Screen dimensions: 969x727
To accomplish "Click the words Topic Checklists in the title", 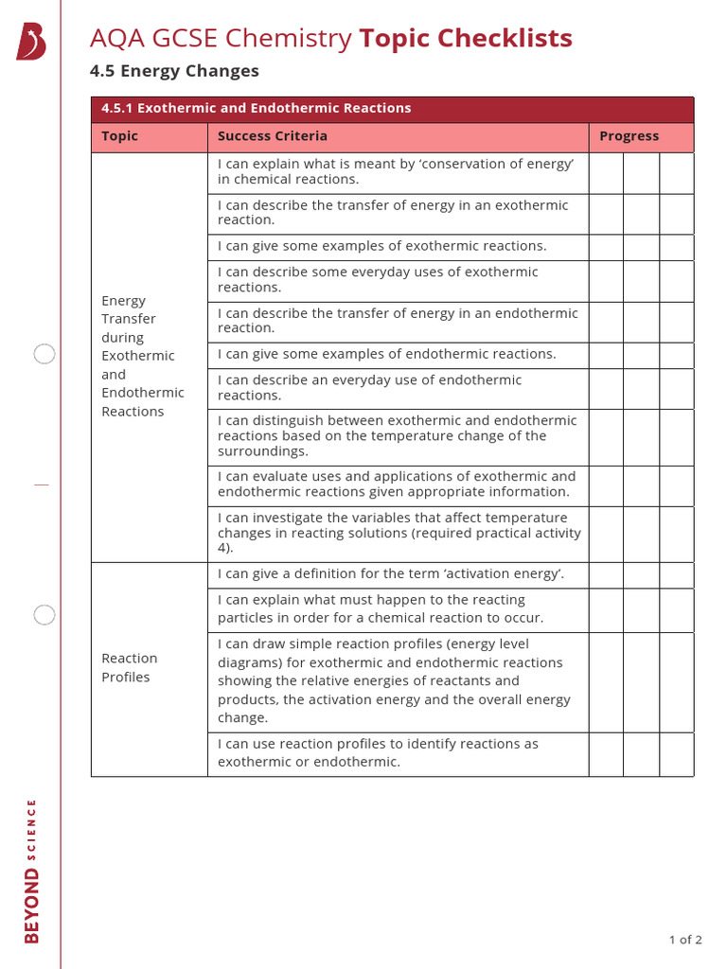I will click(x=465, y=39).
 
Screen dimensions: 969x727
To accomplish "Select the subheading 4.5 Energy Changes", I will click(x=174, y=71).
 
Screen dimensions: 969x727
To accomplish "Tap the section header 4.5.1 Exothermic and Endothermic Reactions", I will click(x=257, y=109).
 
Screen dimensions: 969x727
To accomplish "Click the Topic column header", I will click(x=120, y=136).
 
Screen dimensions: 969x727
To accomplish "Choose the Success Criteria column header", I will click(x=273, y=136).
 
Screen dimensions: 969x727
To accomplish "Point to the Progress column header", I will click(x=629, y=136).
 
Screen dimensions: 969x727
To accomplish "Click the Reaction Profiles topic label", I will click(x=130, y=667).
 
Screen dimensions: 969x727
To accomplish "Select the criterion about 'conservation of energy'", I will click(x=396, y=171).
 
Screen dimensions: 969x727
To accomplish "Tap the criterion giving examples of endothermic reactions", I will click(x=386, y=354).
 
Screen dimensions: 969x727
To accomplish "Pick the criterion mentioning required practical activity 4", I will click(x=399, y=533).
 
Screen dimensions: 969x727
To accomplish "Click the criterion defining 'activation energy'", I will click(x=390, y=573).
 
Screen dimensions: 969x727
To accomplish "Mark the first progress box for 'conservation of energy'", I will click(x=606, y=173).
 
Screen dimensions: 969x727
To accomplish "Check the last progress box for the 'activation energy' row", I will click(x=676, y=574).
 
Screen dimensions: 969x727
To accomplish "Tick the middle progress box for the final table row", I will click(x=641, y=753).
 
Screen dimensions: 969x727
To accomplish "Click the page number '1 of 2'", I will click(x=684, y=940).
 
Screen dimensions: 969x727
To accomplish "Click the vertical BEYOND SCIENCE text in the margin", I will click(x=32, y=871).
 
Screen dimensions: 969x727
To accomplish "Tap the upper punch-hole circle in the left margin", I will click(x=44, y=355).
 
